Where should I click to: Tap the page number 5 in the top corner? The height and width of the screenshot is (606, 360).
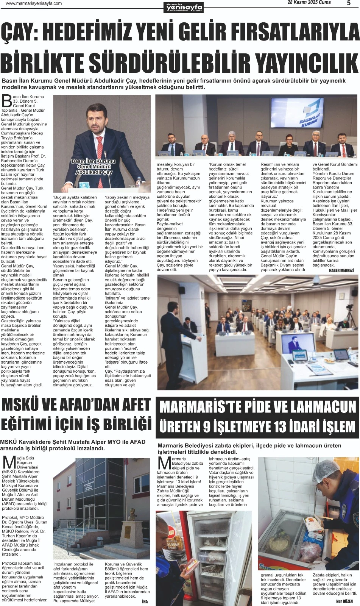(x=349, y=3)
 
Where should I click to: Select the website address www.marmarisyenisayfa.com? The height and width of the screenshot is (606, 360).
(x=34, y=3)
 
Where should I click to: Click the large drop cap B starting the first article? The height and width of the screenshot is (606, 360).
(x=6, y=101)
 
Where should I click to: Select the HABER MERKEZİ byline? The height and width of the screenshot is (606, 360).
(x=341, y=270)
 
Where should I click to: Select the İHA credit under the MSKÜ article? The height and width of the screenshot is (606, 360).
(x=145, y=601)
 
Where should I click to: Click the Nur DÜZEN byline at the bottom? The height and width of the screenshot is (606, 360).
(x=344, y=601)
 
